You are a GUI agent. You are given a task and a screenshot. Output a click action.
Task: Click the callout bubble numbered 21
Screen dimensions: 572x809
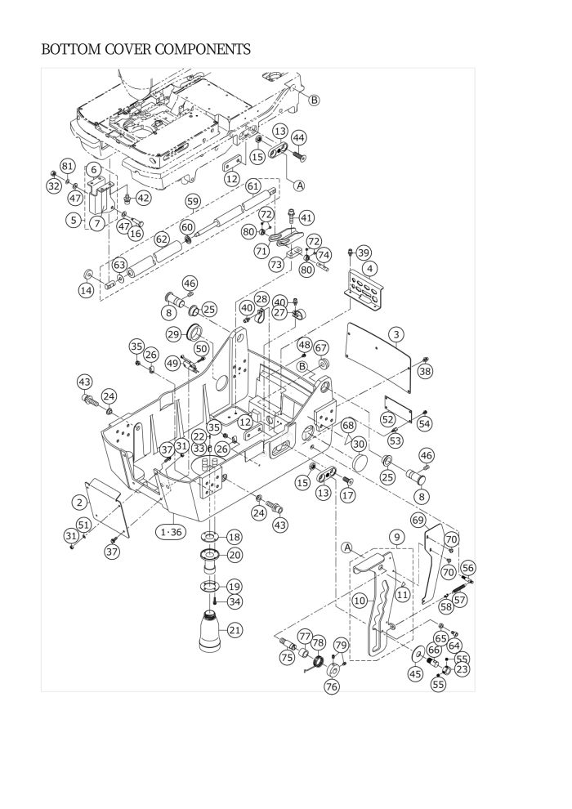pos(235,630)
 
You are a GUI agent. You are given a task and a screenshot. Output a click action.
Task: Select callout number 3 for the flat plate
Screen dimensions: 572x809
pos(396,335)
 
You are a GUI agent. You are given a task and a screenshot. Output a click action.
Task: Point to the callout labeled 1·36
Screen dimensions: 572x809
pos(172,532)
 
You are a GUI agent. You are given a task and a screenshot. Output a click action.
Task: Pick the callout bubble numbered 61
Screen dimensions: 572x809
pos(252,186)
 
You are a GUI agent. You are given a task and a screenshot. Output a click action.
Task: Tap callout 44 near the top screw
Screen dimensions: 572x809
pos(298,138)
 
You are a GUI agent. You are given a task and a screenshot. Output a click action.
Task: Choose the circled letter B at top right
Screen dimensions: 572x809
pos(314,100)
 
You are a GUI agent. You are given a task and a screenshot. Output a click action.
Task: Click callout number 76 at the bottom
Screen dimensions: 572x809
pos(332,686)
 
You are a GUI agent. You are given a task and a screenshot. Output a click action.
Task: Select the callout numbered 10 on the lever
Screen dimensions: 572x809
pos(360,601)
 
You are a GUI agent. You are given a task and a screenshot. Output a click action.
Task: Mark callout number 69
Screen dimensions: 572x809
pos(418,520)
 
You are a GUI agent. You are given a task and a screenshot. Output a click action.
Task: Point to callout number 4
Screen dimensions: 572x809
pos(370,269)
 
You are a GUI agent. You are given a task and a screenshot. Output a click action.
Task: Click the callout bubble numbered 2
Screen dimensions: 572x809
pos(79,503)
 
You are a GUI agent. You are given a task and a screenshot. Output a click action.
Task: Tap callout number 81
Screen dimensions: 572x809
pos(68,166)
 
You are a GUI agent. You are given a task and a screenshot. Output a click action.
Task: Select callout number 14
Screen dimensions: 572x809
pos(86,290)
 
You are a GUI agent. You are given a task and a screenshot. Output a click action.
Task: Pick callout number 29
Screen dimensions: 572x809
pos(174,334)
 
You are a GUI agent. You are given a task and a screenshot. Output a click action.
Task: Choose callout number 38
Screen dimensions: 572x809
pos(424,371)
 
